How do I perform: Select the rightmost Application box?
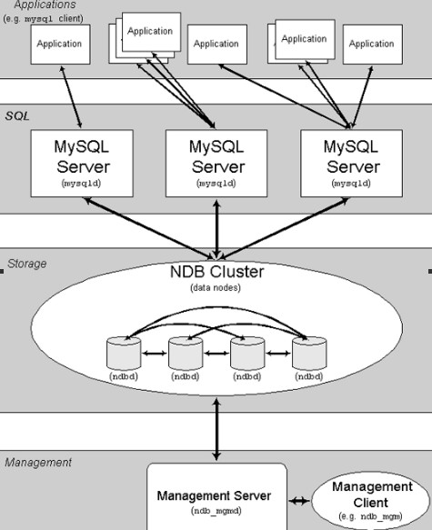pyautogui.click(x=372, y=44)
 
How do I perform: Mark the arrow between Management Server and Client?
pyautogui.click(x=299, y=500)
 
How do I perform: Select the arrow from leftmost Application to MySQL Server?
pyautogui.click(x=72, y=96)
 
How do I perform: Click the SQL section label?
pyautogui.click(x=17, y=117)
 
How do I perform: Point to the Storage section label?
pyautogui.click(x=26, y=264)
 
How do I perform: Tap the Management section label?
pyautogui.click(x=37, y=463)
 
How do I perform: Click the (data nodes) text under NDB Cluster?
pyautogui.click(x=216, y=288)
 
